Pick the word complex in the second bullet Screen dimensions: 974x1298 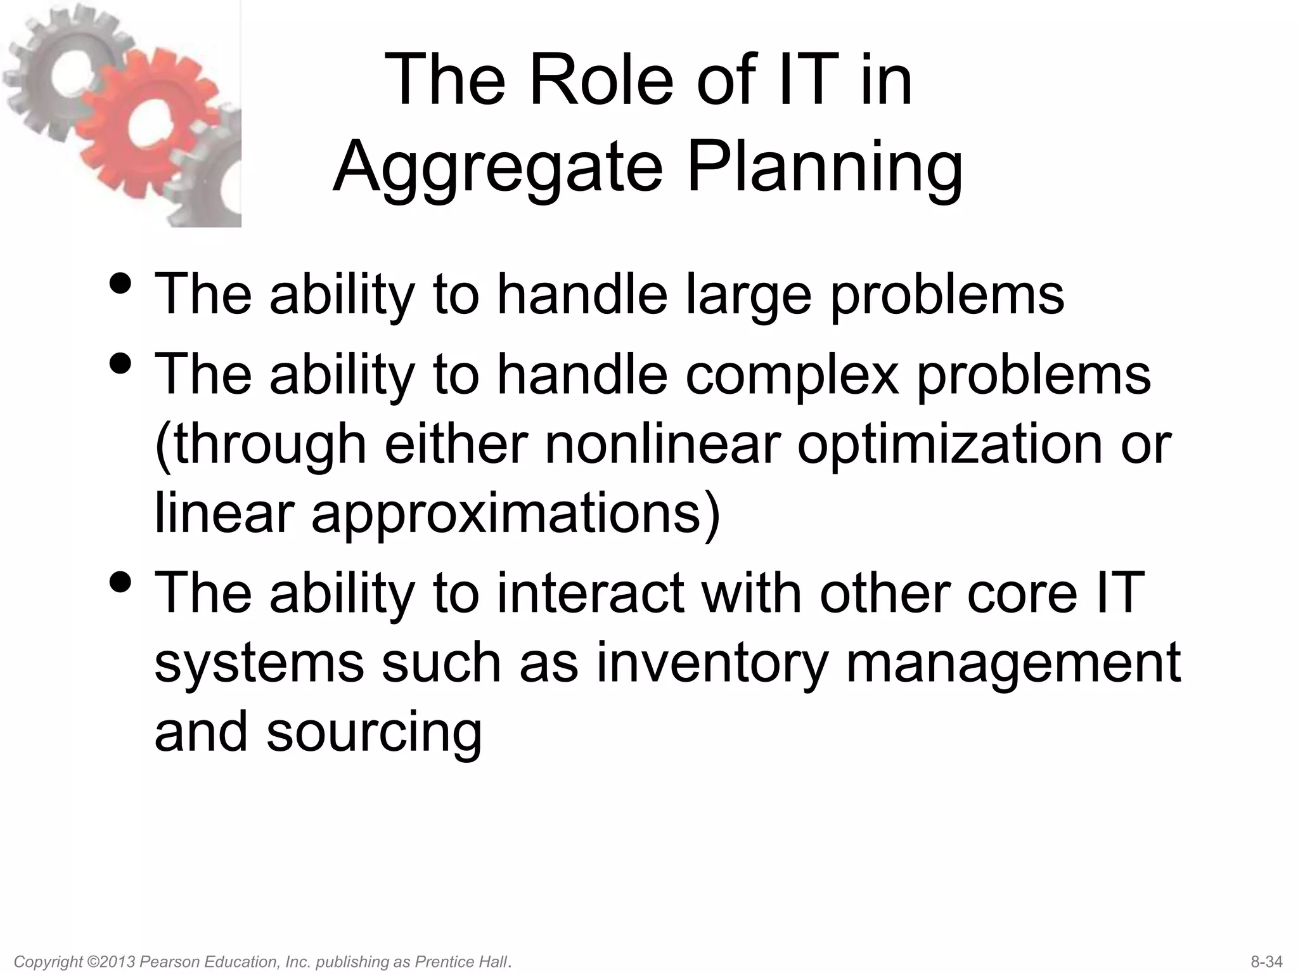point(792,376)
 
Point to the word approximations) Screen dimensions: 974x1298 point(516,514)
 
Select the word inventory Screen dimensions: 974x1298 point(712,663)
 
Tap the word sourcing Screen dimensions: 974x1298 point(374,732)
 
